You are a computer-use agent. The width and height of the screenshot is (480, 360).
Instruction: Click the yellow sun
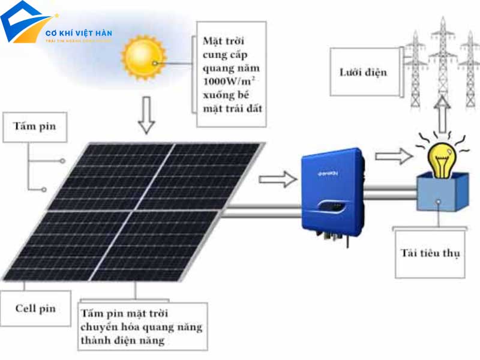click(143, 58)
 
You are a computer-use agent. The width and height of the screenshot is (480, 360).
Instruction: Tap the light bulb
click(443, 157)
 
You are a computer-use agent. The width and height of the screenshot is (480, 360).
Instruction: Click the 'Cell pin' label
click(35, 308)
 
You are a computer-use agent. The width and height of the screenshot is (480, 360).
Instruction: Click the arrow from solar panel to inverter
click(277, 178)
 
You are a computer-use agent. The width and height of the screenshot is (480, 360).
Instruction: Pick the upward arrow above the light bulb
click(442, 115)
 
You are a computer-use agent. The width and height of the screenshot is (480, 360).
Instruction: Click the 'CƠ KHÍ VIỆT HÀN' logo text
click(79, 33)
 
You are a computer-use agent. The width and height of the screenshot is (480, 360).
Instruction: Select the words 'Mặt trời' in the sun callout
click(221, 41)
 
